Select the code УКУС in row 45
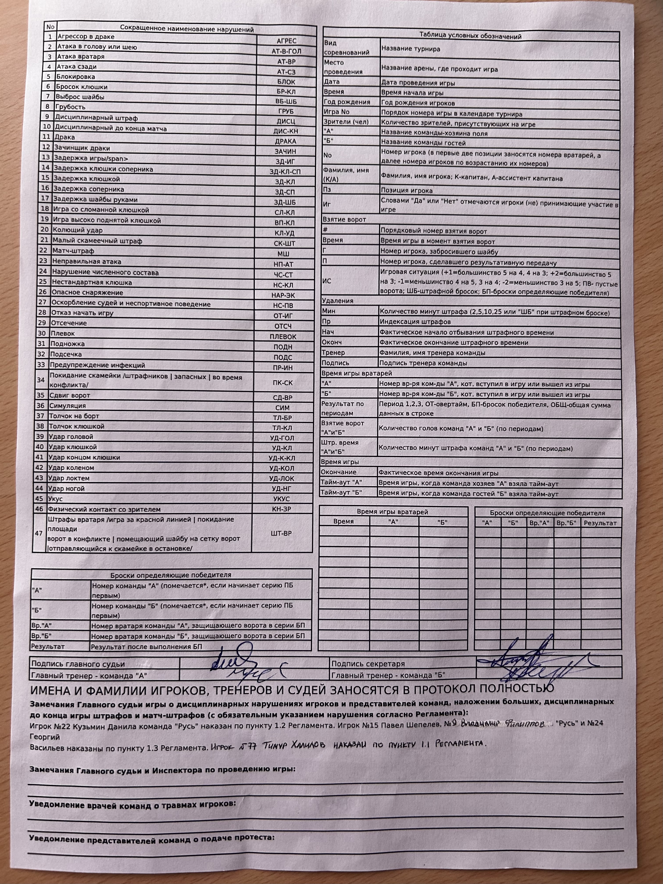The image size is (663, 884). tap(282, 499)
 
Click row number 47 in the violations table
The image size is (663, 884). tap(39, 533)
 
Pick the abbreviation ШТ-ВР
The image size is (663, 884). tap(281, 533)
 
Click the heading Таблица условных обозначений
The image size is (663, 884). tap(470, 36)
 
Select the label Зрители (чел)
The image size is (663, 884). tap(346, 122)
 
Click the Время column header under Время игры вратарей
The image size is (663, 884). tap(344, 521)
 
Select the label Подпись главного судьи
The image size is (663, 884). tap(78, 664)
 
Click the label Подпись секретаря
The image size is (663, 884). tap(368, 663)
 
